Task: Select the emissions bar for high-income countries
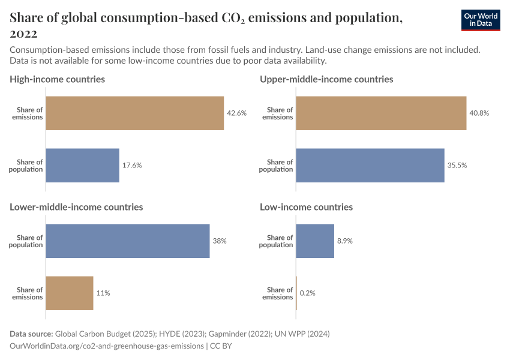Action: pos(134,113)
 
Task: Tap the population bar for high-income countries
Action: pos(82,166)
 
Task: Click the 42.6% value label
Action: pos(236,113)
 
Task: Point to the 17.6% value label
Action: pos(132,166)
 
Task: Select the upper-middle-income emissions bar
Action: pos(380,113)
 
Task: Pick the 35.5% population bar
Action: pos(370,166)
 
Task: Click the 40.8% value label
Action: pos(479,113)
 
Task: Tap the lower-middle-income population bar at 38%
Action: pos(127,241)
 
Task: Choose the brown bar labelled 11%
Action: pos(69,293)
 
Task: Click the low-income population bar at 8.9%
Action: pos(314,241)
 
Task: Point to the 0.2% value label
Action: pos(307,293)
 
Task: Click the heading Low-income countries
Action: pos(306,207)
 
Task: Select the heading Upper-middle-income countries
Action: pos(326,79)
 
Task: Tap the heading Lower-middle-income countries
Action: pos(76,207)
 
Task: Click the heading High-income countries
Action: pos(57,79)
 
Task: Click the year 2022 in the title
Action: pos(23,34)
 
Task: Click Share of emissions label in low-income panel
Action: pos(278,293)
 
